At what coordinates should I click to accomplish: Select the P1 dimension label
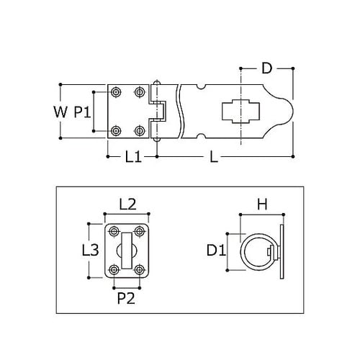[81, 112]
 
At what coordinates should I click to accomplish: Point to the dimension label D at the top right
[266, 70]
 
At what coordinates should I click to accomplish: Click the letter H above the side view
[261, 205]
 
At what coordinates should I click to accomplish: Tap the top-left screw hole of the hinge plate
[116, 92]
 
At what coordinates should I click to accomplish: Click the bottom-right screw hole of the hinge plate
[140, 130]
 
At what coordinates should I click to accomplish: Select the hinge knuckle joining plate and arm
[156, 111]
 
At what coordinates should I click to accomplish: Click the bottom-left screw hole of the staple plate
[114, 270]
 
